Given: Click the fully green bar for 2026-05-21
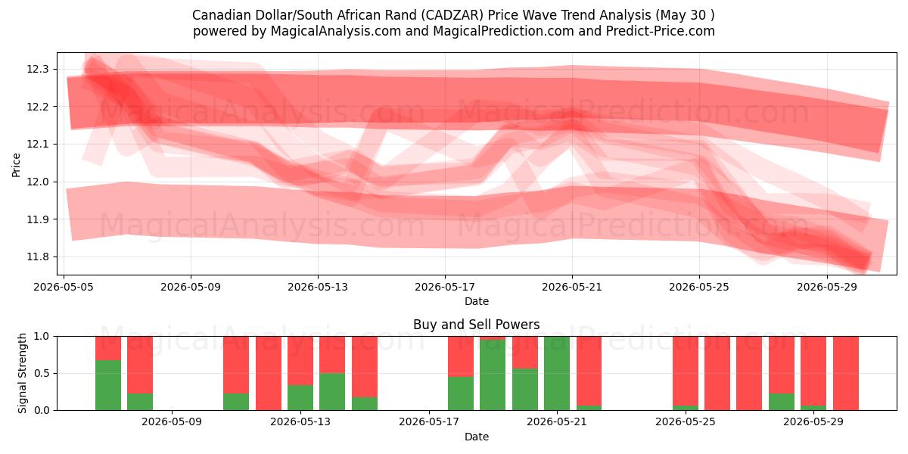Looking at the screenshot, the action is tap(557, 373).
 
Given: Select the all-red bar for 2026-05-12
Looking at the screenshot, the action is tap(269, 373).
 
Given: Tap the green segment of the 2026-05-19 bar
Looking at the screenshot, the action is tap(493, 375).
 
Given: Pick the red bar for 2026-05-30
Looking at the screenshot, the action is tap(846, 373).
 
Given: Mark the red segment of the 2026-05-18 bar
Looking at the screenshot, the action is tap(461, 356).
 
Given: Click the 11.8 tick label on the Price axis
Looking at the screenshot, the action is tap(37, 257).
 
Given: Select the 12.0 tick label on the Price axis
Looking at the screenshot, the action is tap(37, 182).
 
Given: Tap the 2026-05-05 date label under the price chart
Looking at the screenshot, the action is tap(64, 287).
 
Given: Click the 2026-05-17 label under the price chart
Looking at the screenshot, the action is tap(445, 287).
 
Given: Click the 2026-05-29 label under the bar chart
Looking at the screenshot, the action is tap(813, 422).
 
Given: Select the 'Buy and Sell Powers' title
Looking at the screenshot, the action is tap(476, 325).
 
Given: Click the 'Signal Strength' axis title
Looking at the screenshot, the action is tap(22, 373).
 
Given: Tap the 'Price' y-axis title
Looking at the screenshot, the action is tap(16, 165).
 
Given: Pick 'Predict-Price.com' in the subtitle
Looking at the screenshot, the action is tap(661, 31).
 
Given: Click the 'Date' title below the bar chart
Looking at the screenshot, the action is tap(476, 437).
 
